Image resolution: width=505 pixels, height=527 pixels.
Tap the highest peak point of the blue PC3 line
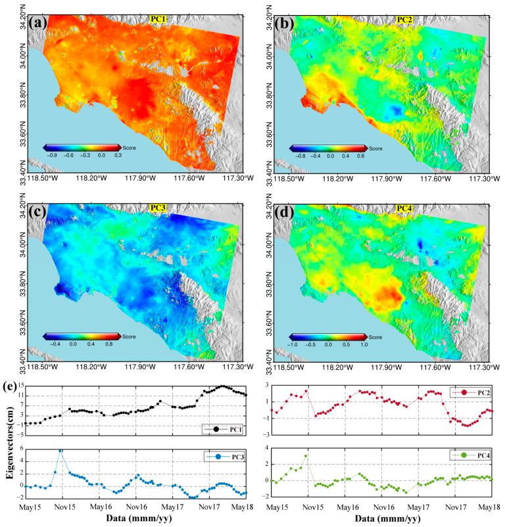coord(61,450)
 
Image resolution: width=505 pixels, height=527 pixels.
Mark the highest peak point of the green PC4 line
coord(306,455)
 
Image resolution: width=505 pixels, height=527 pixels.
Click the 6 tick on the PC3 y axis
coord(22,448)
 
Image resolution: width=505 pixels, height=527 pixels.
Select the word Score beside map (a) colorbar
coord(129,148)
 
